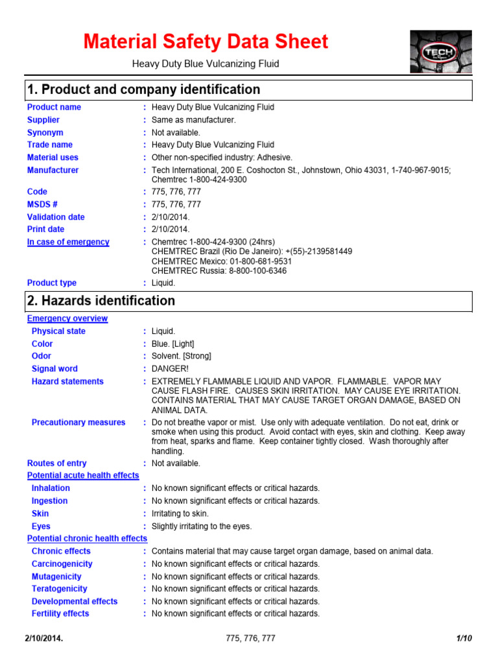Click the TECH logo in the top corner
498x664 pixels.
(441, 52)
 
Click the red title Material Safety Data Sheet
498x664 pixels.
(206, 42)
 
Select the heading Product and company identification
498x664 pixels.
(143, 89)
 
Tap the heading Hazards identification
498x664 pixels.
(101, 301)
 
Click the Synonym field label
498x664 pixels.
(45, 132)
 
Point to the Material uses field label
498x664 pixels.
(53, 158)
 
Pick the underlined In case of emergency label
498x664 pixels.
(68, 242)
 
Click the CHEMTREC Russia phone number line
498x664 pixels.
(219, 271)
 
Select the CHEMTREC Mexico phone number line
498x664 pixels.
(222, 261)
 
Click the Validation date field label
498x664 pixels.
(56, 217)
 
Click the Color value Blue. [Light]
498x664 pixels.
(172, 344)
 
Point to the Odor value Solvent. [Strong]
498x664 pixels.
(182, 356)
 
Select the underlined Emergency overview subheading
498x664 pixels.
(67, 318)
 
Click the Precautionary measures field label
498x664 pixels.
(78, 423)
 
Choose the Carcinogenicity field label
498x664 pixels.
(62, 564)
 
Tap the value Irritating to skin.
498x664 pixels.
(180, 514)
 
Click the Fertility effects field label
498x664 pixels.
(60, 613)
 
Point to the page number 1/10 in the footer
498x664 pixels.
(464, 639)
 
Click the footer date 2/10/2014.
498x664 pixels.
(44, 639)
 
